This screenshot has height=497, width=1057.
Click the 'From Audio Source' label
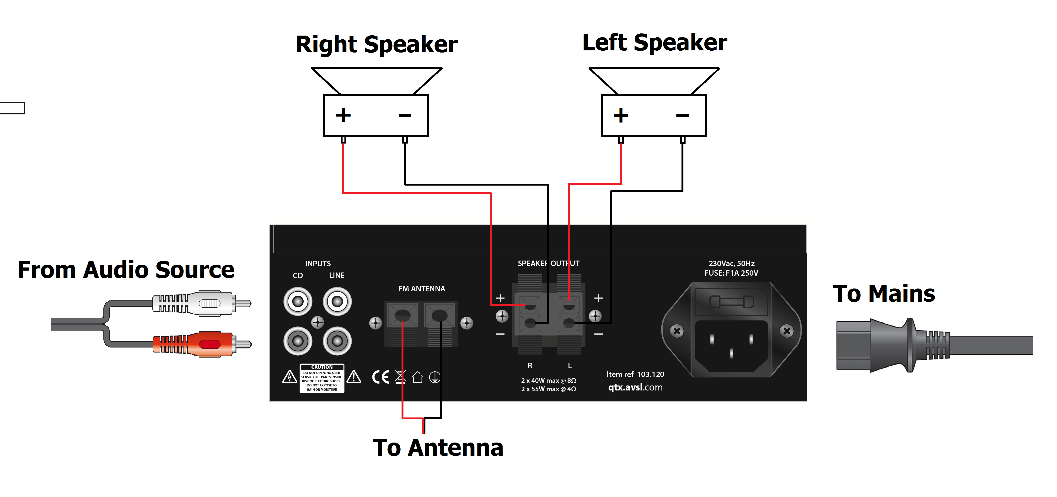pyautogui.click(x=126, y=270)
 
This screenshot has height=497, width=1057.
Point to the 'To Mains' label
pyautogui.click(x=884, y=294)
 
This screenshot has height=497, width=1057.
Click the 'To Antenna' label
pyautogui.click(x=438, y=448)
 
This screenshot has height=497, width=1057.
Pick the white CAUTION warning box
pyautogui.click(x=322, y=378)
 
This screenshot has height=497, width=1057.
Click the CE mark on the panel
pyautogui.click(x=380, y=377)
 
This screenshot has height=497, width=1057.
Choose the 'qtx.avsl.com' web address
pyautogui.click(x=635, y=387)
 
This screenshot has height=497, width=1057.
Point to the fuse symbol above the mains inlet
pyautogui.click(x=732, y=302)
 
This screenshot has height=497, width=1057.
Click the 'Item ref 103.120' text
pyautogui.click(x=635, y=374)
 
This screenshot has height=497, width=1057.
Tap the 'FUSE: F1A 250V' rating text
pyautogui.click(x=731, y=273)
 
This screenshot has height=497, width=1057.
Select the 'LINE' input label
pyautogui.click(x=337, y=275)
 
